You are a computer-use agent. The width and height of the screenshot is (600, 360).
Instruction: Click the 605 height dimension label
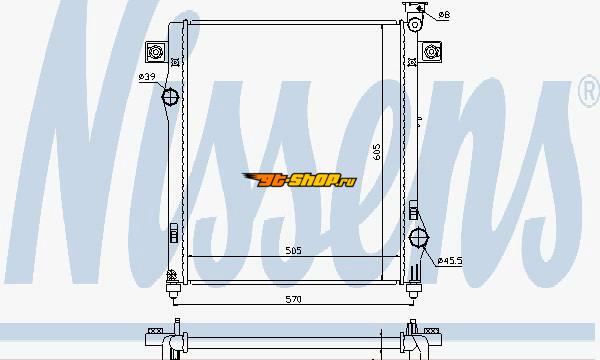377,152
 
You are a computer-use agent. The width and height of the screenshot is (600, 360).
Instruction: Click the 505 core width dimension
293,251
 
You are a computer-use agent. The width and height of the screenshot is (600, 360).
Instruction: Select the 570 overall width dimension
293,299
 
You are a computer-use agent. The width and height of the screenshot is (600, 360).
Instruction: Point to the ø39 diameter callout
147,77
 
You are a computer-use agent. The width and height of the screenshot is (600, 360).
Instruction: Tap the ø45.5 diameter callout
450,261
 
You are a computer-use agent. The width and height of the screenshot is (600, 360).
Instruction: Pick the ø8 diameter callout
444,15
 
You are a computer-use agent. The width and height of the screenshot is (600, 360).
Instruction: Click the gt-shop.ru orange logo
300,180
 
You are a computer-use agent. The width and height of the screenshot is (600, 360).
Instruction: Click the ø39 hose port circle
170,97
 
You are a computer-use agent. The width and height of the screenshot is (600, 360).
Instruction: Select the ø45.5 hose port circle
419,238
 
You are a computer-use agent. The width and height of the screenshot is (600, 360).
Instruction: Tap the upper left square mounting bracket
156,52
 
